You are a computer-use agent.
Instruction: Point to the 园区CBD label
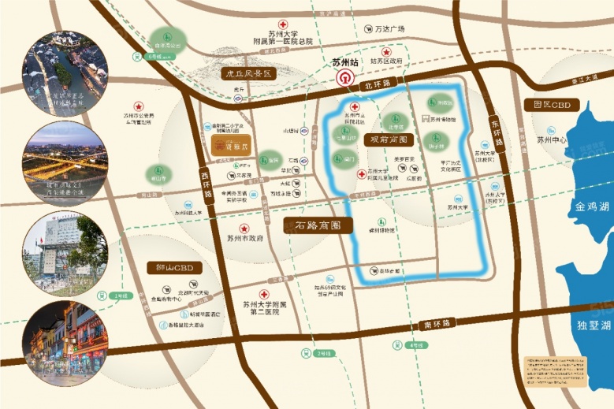tap(551, 104)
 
